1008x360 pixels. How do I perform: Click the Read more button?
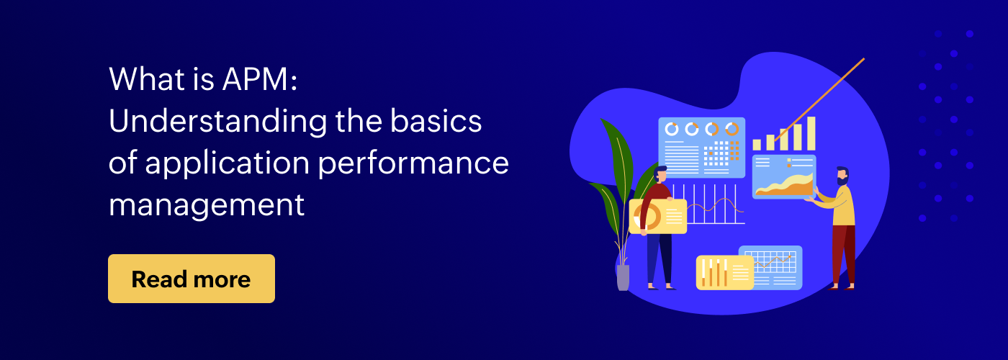tap(192, 279)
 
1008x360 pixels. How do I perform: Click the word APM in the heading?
tap(255, 79)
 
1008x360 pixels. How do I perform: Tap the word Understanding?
tap(217, 121)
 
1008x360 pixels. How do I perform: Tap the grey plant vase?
tap(624, 277)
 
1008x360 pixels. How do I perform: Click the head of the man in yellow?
tap(842, 176)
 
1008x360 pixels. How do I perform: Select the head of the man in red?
tap(661, 174)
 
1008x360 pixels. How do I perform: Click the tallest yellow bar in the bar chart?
tap(811, 134)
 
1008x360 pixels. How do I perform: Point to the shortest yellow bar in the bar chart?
tap(757, 145)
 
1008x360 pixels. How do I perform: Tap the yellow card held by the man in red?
tap(658, 217)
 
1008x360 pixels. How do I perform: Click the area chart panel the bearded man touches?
tap(784, 177)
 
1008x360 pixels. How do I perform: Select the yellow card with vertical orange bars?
tap(724, 272)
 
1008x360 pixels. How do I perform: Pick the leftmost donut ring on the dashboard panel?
tap(671, 129)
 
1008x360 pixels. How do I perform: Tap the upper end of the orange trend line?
tap(863, 58)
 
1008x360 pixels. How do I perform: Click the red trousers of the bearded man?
tap(843, 254)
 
